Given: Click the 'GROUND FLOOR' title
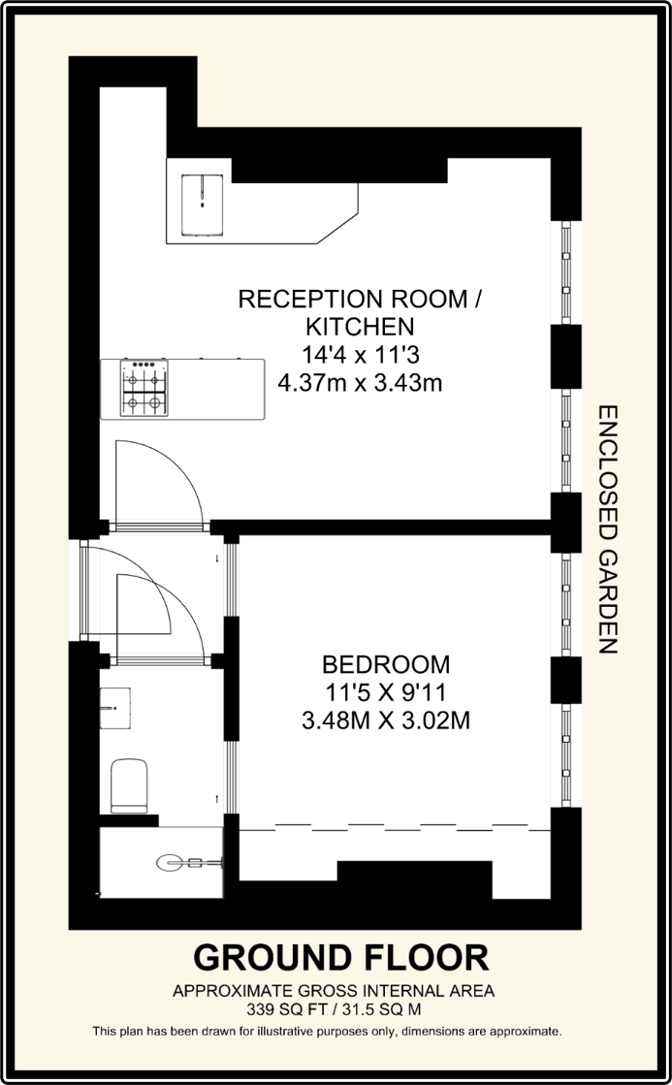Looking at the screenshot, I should pyautogui.click(x=340, y=957).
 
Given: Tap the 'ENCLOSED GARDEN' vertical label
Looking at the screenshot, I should pyautogui.click(x=608, y=529).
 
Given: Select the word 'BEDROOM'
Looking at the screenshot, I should pyautogui.click(x=386, y=664).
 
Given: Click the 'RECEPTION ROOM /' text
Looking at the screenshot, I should pyautogui.click(x=360, y=299).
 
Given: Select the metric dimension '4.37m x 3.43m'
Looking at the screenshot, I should pyautogui.click(x=360, y=382).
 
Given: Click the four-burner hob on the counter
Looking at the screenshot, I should pyautogui.click(x=144, y=388).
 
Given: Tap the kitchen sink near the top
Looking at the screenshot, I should pyautogui.click(x=201, y=192).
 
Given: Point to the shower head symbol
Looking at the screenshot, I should pyautogui.click(x=175, y=860).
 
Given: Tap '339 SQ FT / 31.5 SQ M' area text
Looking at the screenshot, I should pyautogui.click(x=334, y=1008).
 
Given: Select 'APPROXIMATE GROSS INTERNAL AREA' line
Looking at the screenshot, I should pyautogui.click(x=334, y=991).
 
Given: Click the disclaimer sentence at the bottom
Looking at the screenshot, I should pyautogui.click(x=327, y=1030).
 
